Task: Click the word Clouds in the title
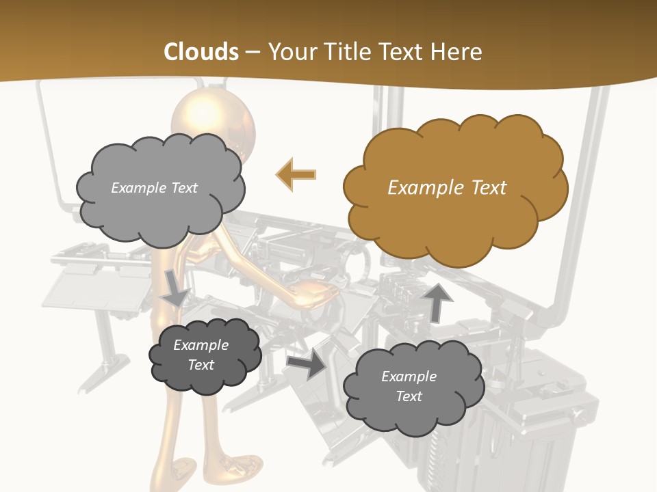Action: point(201,52)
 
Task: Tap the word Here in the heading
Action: point(456,52)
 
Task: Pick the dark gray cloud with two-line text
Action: point(204,355)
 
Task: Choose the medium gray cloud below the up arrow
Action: point(413,387)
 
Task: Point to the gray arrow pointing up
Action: point(437,302)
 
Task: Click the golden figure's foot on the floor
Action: point(240,471)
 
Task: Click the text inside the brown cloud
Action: point(447,188)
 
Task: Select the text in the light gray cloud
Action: point(154,188)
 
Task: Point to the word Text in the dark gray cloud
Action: point(201,365)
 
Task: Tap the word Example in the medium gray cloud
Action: point(409,377)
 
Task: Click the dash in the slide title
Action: point(253,53)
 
